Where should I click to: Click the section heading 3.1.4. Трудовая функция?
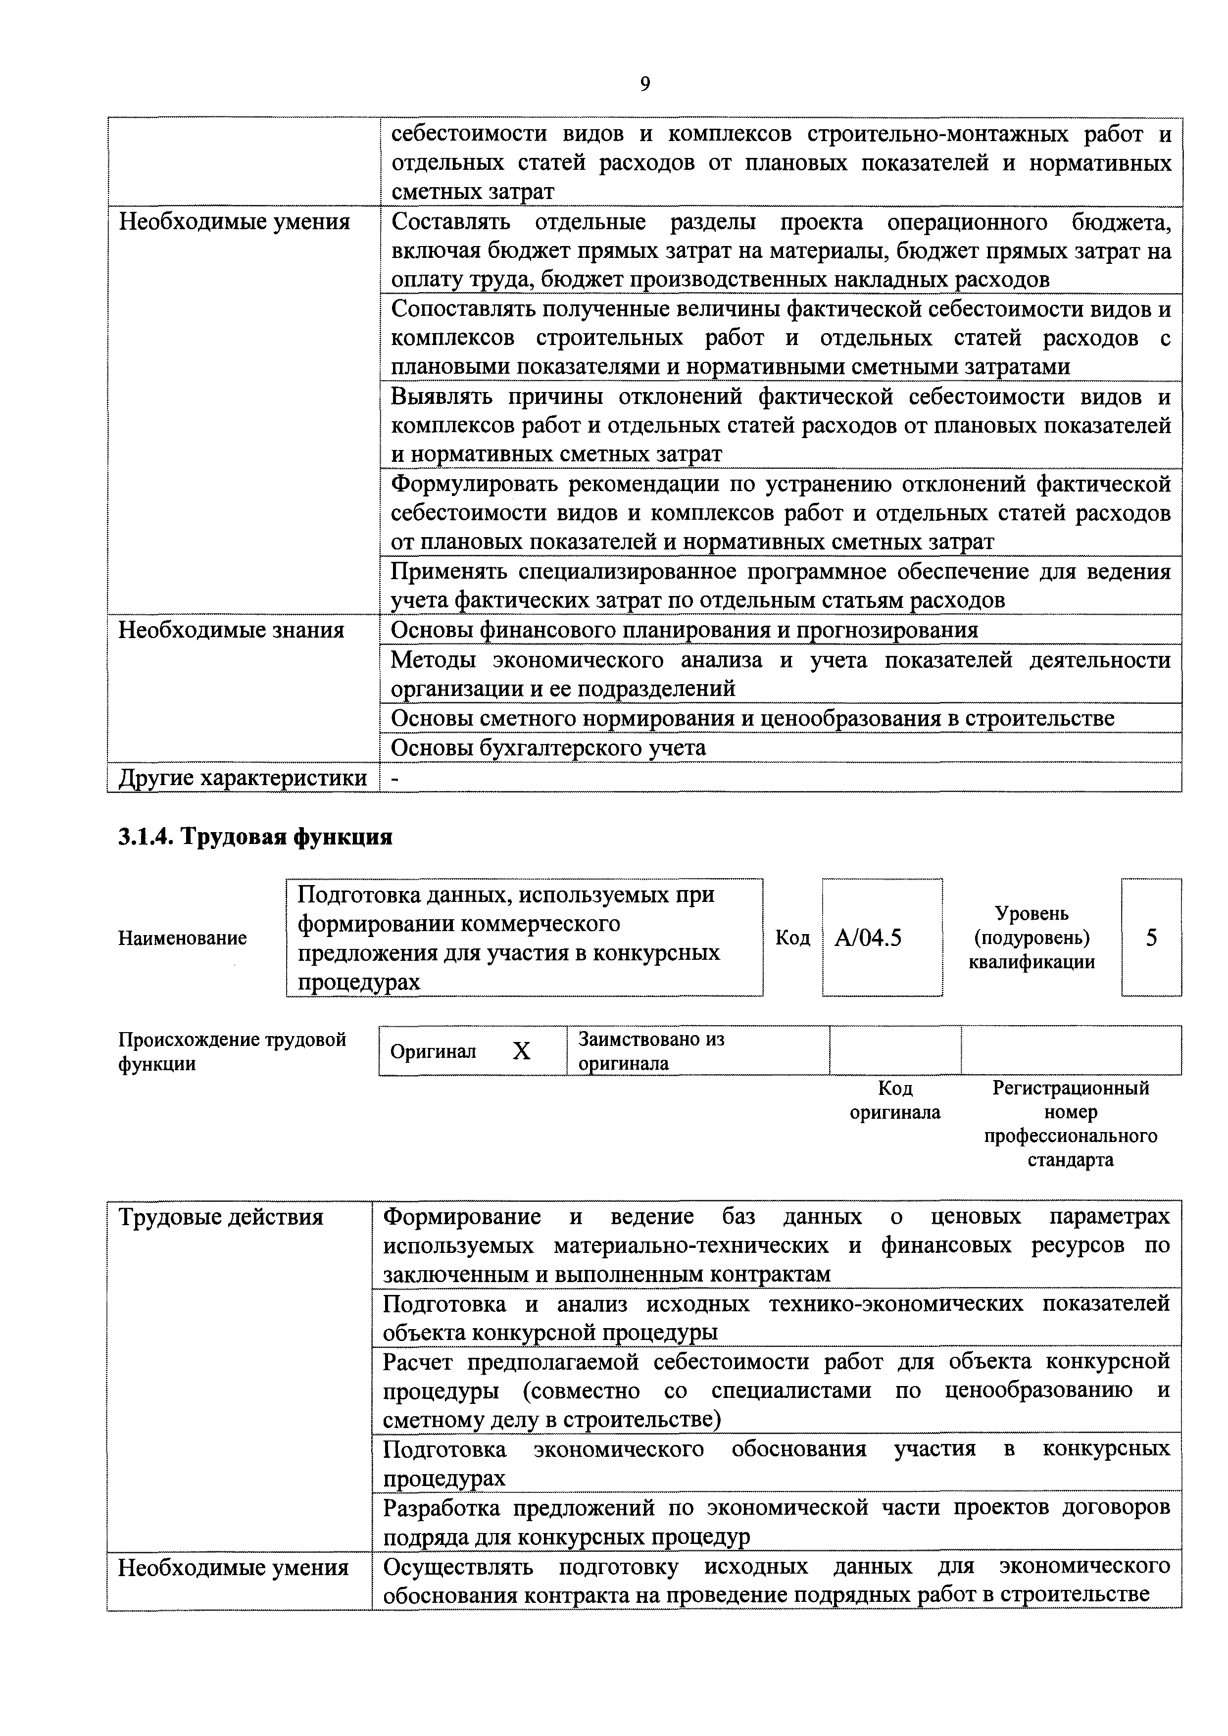tap(255, 837)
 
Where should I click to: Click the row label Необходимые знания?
tap(231, 630)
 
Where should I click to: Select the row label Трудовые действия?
tap(221, 1217)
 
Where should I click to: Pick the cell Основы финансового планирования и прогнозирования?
tap(684, 630)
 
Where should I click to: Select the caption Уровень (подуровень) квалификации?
tap(1032, 938)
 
